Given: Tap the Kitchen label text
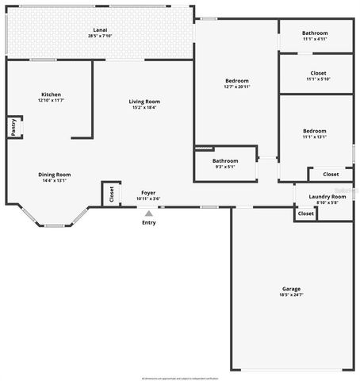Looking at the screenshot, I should click(51, 94).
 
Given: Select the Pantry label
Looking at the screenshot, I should click(13, 126).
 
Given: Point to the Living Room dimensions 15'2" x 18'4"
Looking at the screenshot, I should click(145, 107).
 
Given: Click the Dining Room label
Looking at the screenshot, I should click(55, 175).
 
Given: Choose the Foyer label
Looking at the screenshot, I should click(148, 193).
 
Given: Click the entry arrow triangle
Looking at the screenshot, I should click(148, 213).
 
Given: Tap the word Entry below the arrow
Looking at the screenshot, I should click(149, 222).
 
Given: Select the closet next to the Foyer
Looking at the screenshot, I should click(110, 193).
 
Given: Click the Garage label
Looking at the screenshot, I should click(291, 289).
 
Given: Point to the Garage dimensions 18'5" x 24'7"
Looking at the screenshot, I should click(291, 295).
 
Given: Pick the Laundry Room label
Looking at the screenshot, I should click(327, 196).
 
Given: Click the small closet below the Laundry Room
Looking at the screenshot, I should click(305, 214).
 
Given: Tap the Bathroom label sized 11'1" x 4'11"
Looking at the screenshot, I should click(315, 33).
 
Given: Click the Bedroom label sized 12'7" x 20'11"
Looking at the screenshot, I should click(236, 81).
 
